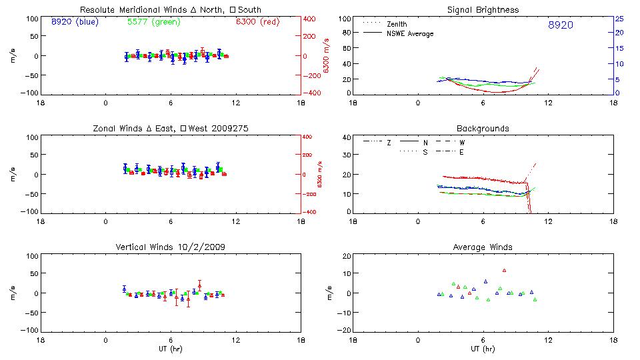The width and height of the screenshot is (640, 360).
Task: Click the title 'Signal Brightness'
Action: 483,10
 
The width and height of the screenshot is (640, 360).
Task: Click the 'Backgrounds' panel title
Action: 483,128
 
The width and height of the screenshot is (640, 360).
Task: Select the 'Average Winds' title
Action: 483,247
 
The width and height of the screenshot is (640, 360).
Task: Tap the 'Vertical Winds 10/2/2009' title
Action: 171,247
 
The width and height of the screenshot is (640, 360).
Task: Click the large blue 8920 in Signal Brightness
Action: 560,25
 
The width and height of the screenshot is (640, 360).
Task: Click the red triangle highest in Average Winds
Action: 505,270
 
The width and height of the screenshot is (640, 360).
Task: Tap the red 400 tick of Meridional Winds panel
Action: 309,19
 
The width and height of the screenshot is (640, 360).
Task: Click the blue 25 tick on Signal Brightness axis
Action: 619,19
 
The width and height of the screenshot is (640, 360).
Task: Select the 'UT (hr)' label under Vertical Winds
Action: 171,349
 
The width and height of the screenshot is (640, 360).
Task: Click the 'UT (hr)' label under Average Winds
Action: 483,349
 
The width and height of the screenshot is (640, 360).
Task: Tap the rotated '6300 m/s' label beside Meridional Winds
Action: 327,57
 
